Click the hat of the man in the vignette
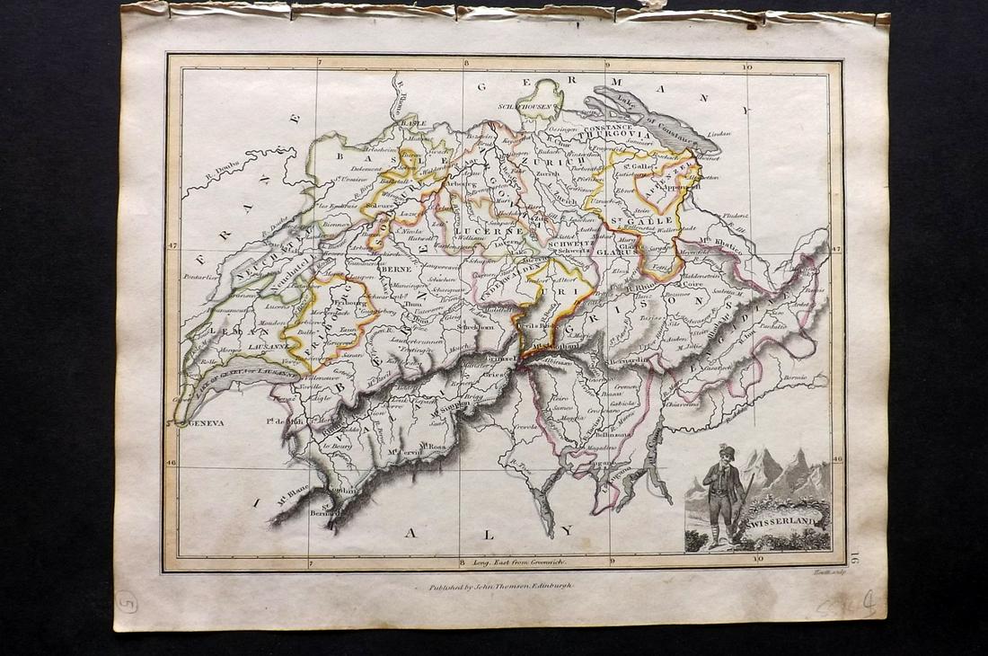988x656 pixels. (x=727, y=451)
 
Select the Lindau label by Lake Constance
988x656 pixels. (x=719, y=135)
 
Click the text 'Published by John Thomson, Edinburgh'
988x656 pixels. (x=495, y=585)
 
